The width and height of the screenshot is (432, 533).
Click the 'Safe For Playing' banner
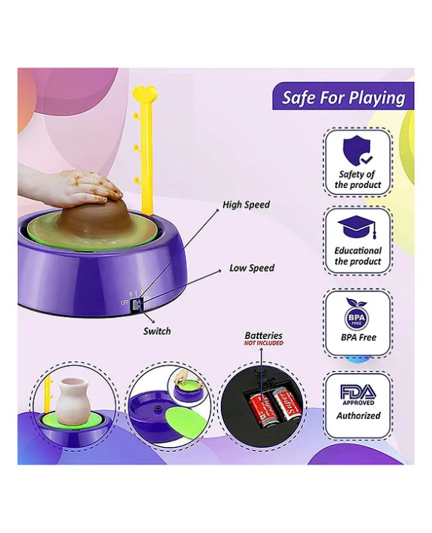(342, 97)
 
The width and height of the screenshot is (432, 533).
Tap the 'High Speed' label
(246, 204)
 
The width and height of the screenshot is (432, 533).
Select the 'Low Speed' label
(251, 268)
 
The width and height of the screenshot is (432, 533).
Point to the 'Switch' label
(156, 331)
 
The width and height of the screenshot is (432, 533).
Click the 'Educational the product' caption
(357, 256)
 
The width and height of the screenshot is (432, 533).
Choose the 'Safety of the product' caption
(357, 179)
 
